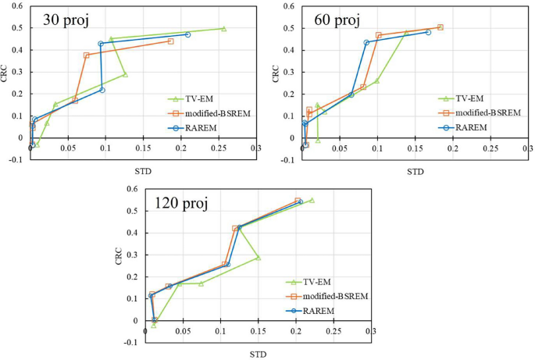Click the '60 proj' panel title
pos(334,20)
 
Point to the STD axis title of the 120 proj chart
pos(258,355)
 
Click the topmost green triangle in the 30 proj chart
pos(223,29)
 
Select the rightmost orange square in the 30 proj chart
pos(170,41)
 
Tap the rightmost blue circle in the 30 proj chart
pos(187,34)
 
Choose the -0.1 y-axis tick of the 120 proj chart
pos(132,342)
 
